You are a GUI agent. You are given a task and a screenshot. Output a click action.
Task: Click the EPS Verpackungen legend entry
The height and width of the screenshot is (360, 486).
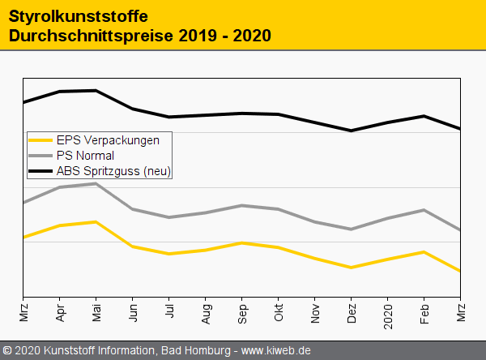[x=108, y=139]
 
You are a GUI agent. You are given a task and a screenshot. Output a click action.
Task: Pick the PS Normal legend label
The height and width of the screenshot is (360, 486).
[x=85, y=155]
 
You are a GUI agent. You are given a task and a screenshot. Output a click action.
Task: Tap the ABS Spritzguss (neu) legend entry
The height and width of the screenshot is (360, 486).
[x=114, y=171]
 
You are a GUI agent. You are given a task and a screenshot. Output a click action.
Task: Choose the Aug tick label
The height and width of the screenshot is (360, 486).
[x=206, y=314]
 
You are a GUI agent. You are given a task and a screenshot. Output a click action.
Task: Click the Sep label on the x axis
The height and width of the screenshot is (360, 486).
[x=242, y=314]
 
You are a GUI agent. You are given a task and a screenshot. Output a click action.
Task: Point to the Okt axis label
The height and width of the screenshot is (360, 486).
[x=279, y=313]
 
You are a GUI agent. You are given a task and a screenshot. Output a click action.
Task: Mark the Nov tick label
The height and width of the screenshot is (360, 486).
[x=315, y=314]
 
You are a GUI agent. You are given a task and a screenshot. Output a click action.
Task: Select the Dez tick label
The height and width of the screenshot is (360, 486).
[x=352, y=314]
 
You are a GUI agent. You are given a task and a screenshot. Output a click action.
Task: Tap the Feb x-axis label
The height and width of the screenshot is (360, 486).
[x=424, y=314]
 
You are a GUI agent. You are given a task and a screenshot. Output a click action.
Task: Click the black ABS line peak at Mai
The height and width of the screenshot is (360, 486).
[x=96, y=91]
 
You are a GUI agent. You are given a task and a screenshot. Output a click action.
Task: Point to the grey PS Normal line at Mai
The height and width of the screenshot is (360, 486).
[x=96, y=183]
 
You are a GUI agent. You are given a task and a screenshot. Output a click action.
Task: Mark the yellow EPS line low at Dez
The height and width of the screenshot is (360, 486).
[x=352, y=268]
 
